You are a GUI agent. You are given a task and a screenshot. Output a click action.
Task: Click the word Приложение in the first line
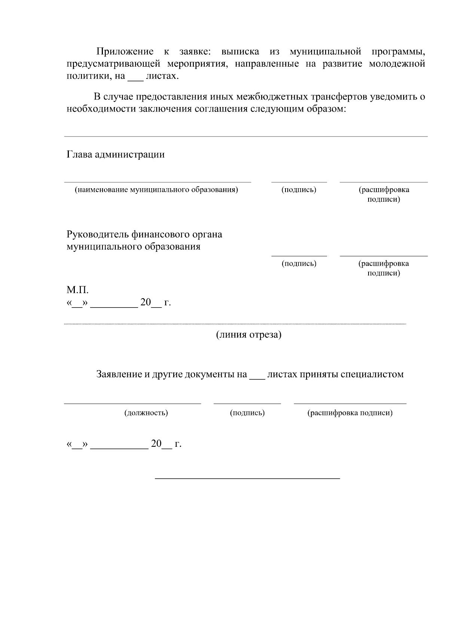coord(125,52)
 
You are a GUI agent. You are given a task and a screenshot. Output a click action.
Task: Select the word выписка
coord(240,52)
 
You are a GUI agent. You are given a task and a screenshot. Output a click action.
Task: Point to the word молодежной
coord(397,64)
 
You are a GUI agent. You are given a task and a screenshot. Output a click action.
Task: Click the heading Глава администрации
coord(116,155)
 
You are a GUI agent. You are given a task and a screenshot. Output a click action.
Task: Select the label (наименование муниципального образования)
coord(156,190)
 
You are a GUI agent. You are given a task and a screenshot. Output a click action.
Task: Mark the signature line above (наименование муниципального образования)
coord(158,182)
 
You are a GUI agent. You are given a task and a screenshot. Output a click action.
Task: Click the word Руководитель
coord(98,235)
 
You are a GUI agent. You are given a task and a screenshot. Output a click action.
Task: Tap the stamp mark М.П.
coord(77,290)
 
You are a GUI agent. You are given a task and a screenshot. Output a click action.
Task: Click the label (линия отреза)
coord(248,335)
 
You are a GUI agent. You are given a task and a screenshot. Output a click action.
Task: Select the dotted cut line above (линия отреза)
coord(235,324)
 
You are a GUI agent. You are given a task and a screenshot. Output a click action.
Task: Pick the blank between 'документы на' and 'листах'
coord(257,378)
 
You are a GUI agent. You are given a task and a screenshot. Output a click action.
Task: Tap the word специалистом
coord(372,375)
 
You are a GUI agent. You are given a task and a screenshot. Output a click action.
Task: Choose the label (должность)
coord(146,413)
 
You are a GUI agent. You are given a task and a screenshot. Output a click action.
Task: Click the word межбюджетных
coord(272,97)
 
